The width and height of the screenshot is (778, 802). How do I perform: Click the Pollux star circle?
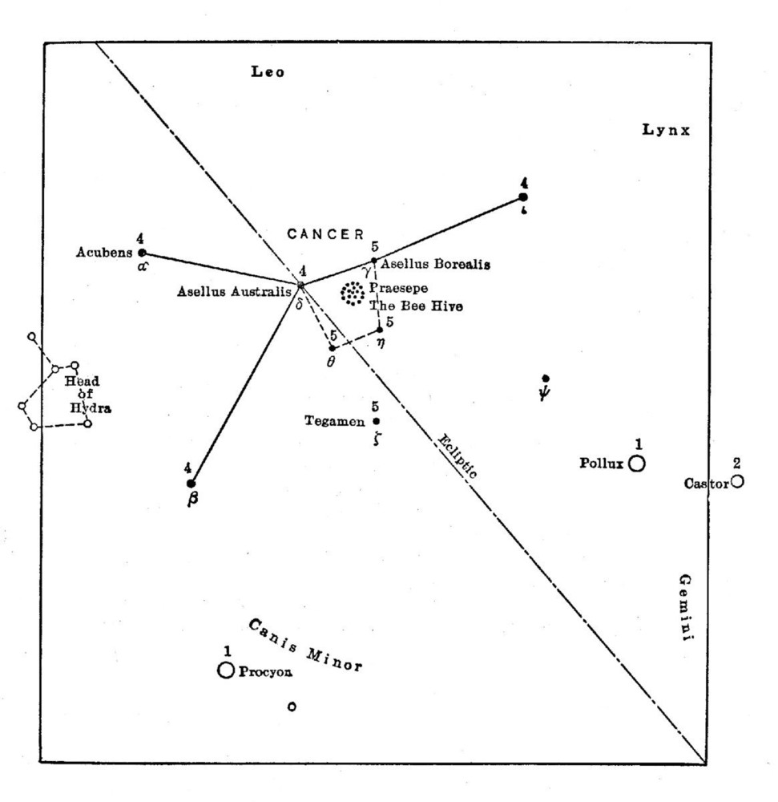637,464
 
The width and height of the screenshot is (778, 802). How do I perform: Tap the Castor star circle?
737,481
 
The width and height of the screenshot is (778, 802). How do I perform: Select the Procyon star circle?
226,670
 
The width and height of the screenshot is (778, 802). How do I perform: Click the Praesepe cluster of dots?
352,294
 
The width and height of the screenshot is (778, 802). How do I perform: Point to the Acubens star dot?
143,253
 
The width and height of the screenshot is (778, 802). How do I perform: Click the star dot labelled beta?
191,483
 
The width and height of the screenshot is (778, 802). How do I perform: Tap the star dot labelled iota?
523,196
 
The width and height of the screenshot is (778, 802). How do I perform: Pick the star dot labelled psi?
546,378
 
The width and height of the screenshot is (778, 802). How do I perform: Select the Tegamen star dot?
377,421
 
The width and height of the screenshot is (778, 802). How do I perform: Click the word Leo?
268,73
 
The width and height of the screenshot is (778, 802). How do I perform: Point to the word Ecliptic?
458,456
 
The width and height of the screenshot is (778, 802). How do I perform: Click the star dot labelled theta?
332,348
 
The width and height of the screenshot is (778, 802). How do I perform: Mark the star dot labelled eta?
381,330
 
